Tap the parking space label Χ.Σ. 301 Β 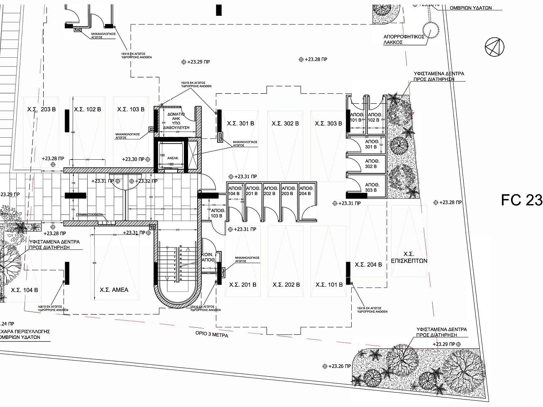[240, 123]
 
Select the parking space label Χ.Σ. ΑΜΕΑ [114, 290]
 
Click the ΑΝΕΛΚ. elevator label [173, 158]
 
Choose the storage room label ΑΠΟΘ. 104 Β [234, 191]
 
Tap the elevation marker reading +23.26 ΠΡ [340, 366]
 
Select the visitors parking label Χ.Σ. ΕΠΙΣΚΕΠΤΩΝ [409, 257]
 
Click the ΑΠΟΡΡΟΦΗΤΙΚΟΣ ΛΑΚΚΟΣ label [404, 39]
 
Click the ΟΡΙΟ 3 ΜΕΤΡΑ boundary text [212, 334]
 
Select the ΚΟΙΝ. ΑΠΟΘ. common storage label [208, 257]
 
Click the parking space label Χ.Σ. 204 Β [368, 264]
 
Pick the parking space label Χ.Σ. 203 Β [42, 110]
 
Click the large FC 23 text [521, 200]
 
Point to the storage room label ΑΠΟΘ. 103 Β [216, 213]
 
